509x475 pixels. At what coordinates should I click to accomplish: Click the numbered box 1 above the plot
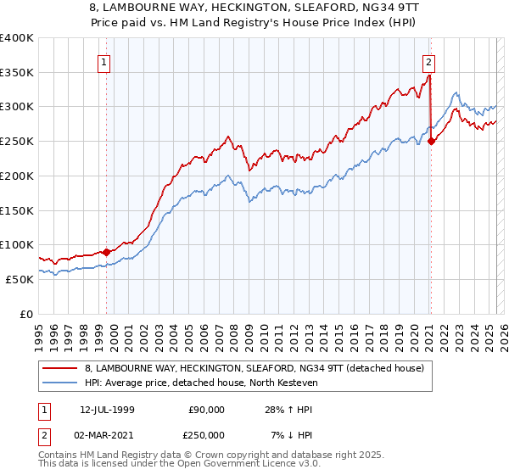pos(103,61)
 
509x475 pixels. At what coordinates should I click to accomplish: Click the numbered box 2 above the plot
pos(429,61)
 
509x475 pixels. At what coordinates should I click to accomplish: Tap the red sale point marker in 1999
pos(106,251)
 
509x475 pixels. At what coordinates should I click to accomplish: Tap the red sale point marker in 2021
pos(431,141)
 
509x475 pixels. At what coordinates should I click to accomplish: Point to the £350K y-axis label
pos(17,72)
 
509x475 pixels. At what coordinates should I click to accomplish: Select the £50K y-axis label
pos(20,279)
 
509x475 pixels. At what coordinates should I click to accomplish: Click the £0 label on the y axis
pos(26,314)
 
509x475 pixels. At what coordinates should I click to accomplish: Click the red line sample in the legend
pos(60,367)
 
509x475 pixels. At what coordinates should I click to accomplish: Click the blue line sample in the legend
pos(60,383)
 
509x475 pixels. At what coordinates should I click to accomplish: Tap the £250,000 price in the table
pos(206,434)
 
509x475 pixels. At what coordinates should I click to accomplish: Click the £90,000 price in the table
pos(206,409)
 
